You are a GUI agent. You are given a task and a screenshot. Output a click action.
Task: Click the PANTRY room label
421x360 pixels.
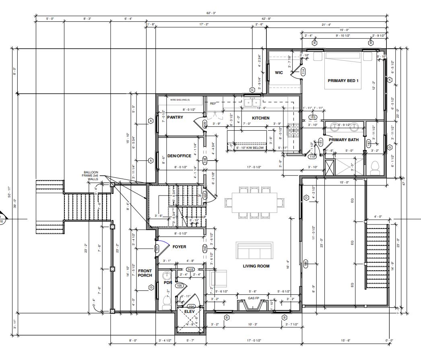[x=175, y=117]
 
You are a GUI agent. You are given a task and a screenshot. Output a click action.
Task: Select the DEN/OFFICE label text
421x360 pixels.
[x=179, y=156]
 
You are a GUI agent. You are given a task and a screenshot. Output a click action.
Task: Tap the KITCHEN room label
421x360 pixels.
[x=260, y=118]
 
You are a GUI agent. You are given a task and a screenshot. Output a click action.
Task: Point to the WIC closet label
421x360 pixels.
[x=279, y=73]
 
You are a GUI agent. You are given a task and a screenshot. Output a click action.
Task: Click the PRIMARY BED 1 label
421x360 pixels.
[x=343, y=81]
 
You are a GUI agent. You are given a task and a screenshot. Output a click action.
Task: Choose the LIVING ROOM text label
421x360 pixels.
[x=256, y=266]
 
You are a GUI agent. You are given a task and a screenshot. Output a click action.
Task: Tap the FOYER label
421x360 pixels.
[x=179, y=247]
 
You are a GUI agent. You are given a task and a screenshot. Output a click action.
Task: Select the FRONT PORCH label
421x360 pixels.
[x=145, y=274]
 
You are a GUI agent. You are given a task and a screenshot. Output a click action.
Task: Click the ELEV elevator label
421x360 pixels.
[x=189, y=311]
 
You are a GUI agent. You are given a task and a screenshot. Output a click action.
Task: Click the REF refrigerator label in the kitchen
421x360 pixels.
[x=213, y=103]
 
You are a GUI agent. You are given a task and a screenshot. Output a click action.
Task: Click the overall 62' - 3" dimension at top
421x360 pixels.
[x=211, y=13]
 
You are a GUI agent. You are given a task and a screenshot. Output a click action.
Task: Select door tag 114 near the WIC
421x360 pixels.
[x=303, y=72]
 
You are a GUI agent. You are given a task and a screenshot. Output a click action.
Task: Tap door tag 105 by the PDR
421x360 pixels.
[x=180, y=286]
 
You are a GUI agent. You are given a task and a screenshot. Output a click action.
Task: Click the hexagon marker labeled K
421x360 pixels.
[x=389, y=80]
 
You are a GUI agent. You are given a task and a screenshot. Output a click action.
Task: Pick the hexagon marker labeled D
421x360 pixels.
[x=306, y=197]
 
